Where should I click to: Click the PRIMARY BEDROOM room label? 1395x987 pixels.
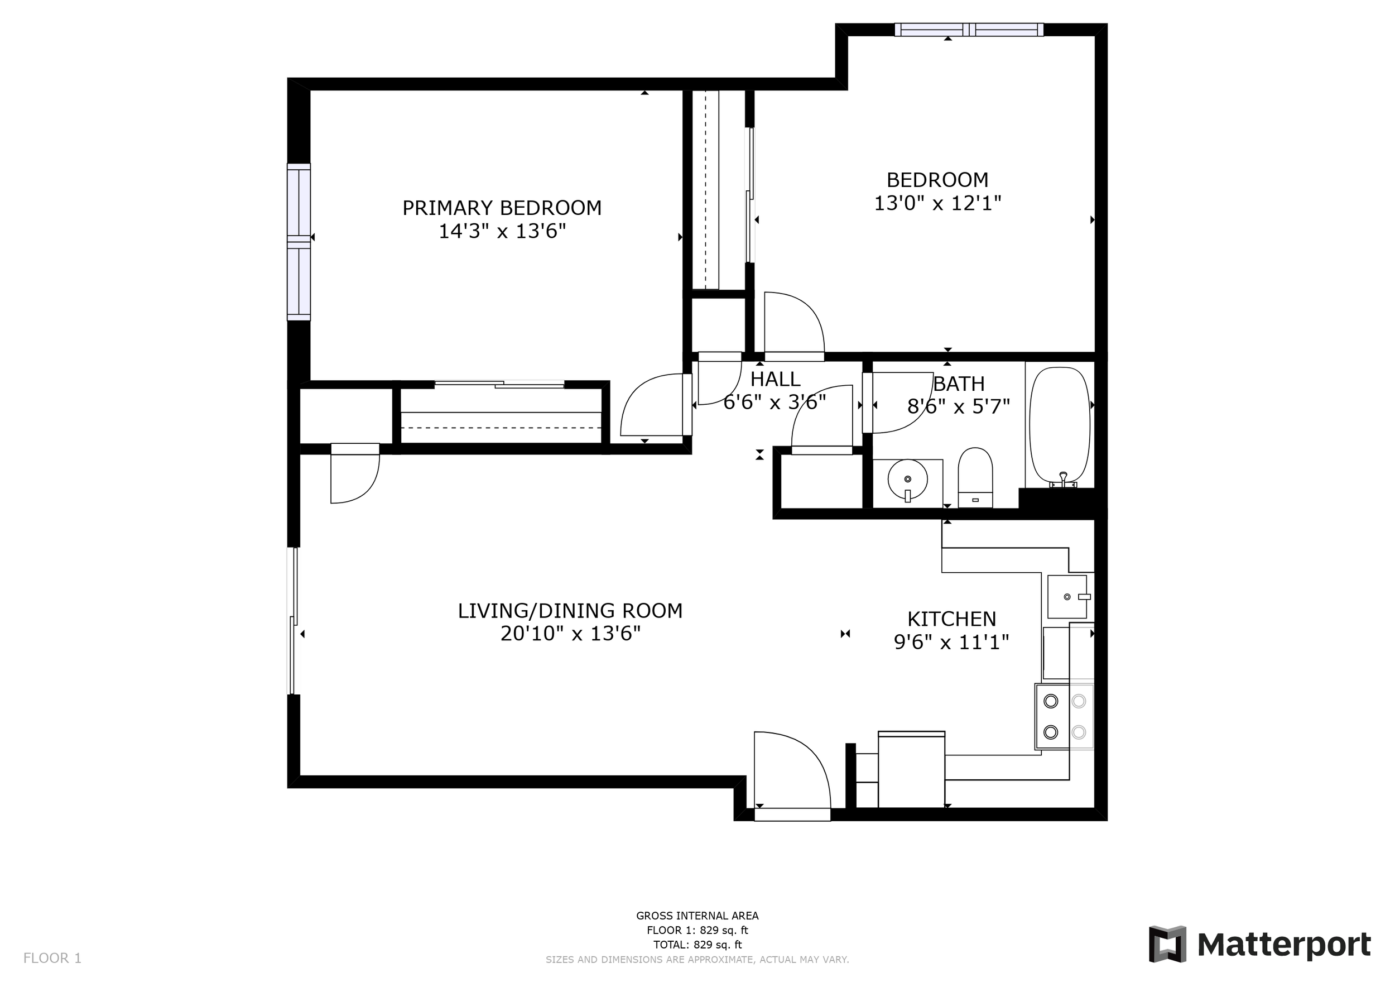click(502, 208)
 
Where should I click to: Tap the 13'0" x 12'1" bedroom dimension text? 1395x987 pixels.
click(937, 203)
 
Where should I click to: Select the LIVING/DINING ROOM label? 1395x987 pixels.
click(570, 611)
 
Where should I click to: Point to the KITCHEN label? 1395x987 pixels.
click(951, 619)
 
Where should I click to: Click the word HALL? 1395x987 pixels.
click(775, 379)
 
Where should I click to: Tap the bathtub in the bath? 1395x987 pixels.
click(1060, 427)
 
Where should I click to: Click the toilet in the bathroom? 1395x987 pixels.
click(975, 478)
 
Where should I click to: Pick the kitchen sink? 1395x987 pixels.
click(1067, 597)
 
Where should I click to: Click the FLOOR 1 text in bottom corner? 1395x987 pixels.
click(52, 959)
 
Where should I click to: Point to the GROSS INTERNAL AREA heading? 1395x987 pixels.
click(698, 916)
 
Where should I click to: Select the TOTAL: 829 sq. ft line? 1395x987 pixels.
click(698, 945)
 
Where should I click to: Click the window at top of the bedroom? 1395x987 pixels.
click(969, 29)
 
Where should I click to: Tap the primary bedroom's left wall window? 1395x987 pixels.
click(299, 242)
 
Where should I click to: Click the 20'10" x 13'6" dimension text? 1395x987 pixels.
click(570, 634)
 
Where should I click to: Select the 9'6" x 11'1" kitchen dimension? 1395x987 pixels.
click(951, 643)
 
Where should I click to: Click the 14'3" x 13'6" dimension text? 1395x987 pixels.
click(502, 232)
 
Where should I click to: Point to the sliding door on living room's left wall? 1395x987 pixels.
click(294, 621)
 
